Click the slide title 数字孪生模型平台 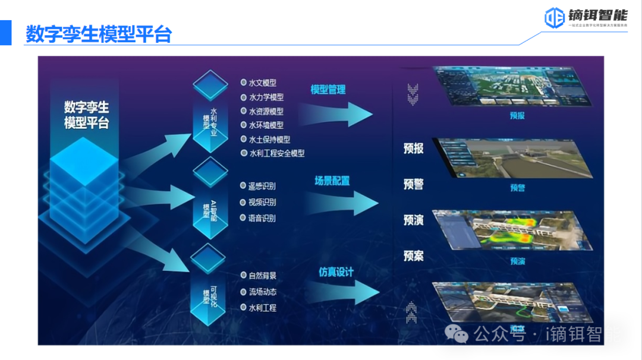coord(98,34)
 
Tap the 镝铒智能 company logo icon coord(554,18)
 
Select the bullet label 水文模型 coord(262,83)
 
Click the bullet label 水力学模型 coord(266,97)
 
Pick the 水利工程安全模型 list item coord(276,153)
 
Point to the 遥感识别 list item coord(262,186)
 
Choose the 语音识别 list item coord(262,218)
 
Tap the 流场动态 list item coord(262,292)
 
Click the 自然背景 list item coord(262,276)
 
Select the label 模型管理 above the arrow coord(328,90)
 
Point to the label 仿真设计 coord(336,272)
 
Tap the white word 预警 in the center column coord(414,184)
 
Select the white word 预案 coord(414,256)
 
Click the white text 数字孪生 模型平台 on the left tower coord(87,115)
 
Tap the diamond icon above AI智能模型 coord(210,172)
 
